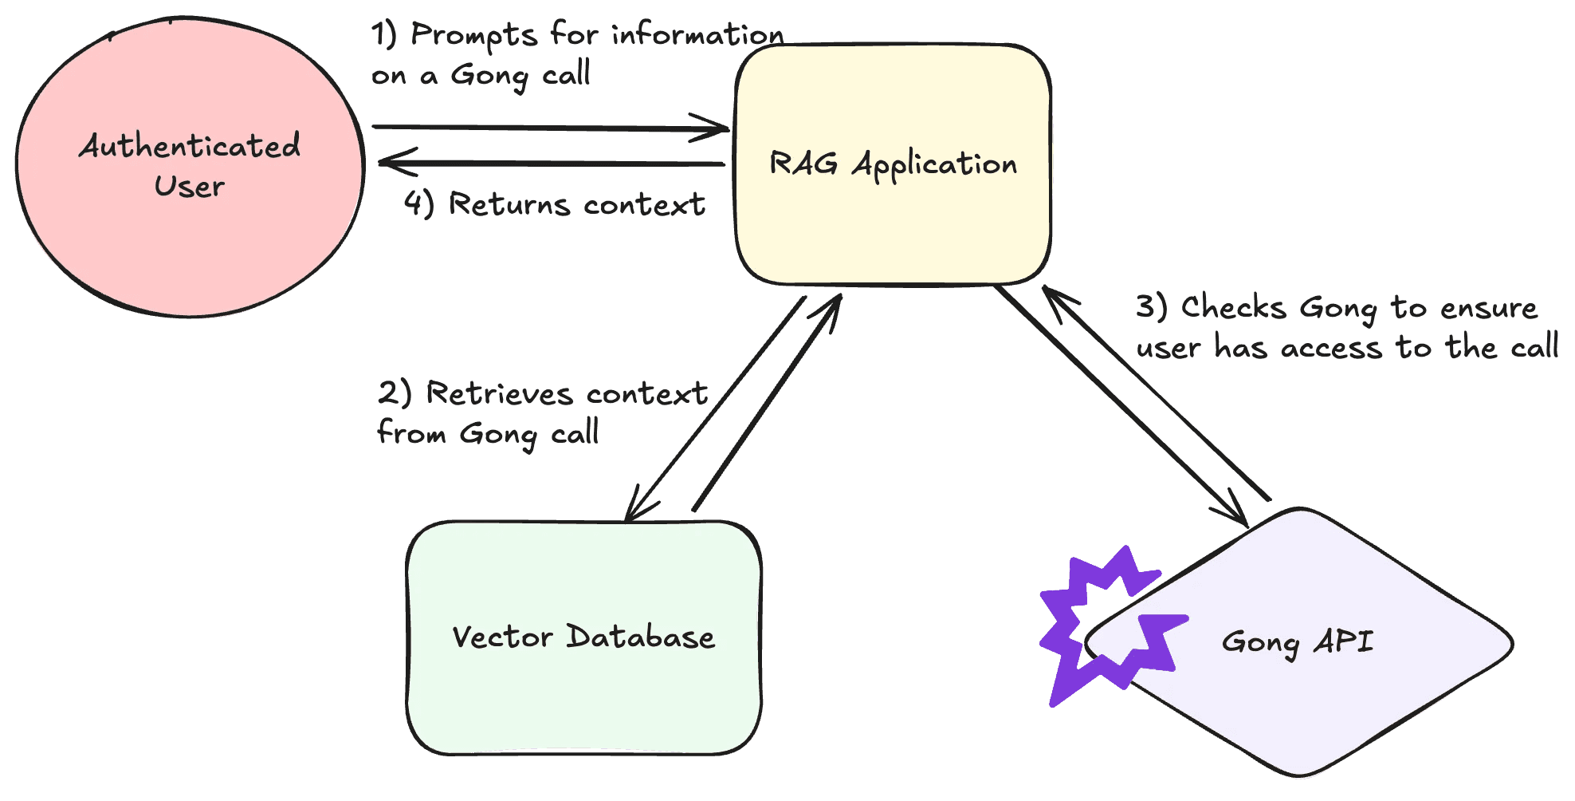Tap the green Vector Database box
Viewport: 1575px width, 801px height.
(583, 694)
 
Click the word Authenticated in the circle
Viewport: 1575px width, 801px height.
(190, 146)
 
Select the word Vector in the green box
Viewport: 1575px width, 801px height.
(502, 637)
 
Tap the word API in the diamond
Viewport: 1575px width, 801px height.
(1344, 641)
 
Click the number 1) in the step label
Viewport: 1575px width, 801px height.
(384, 34)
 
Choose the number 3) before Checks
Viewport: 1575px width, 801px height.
(1152, 307)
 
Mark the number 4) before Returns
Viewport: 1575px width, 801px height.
(418, 203)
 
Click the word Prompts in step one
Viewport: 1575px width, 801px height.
(474, 36)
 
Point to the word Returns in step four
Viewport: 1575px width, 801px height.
(509, 204)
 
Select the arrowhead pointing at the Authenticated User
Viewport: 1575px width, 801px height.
(391, 162)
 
